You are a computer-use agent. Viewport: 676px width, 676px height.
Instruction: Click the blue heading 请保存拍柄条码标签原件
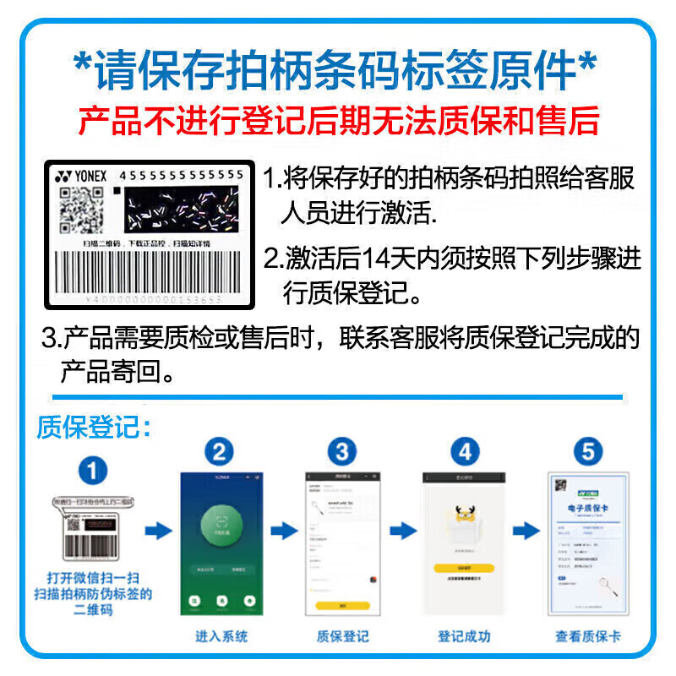338,71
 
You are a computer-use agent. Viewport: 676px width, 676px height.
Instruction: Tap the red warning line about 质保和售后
338,121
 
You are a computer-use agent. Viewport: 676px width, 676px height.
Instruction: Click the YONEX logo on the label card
81,177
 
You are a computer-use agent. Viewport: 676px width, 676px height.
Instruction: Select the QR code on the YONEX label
82,210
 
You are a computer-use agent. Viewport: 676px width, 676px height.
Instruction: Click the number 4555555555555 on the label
182,175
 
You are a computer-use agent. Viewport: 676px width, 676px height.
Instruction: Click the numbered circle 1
93,470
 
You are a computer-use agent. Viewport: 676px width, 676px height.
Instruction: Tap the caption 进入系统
221,636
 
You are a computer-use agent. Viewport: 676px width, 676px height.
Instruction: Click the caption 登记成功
464,636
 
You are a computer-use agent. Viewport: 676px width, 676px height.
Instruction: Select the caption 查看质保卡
588,636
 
